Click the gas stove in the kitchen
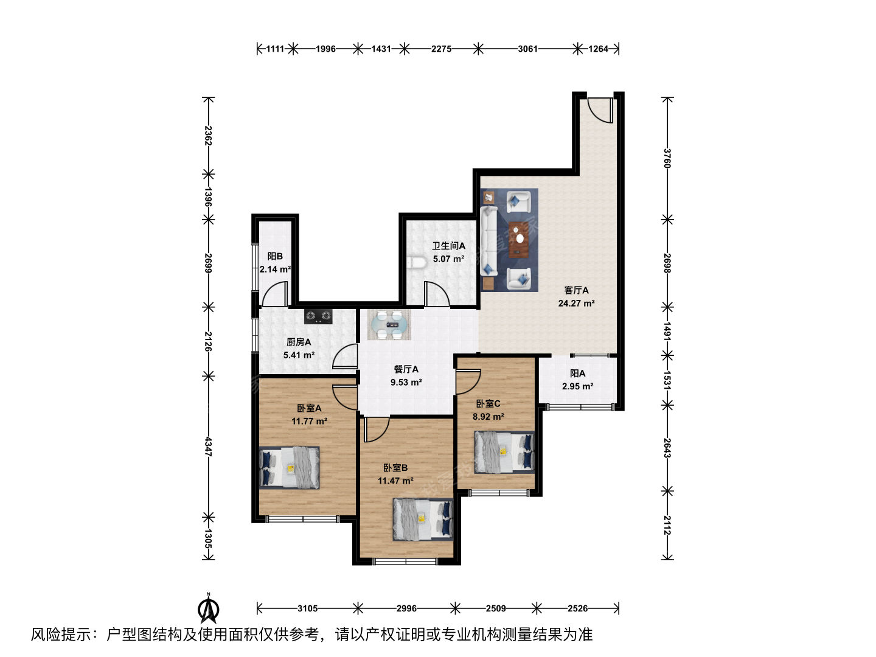pyautogui.click(x=318, y=316)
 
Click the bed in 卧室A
pyautogui.click(x=290, y=468)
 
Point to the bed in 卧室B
pyautogui.click(x=423, y=519)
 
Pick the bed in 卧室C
pyautogui.click(x=504, y=453)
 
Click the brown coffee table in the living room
pyautogui.click(x=519, y=240)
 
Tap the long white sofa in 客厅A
pyautogui.click(x=488, y=240)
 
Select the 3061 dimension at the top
pyautogui.click(x=527, y=49)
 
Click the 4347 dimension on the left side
pyautogui.click(x=208, y=447)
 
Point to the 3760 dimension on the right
pyautogui.click(x=667, y=158)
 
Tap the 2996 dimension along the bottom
pyautogui.click(x=406, y=608)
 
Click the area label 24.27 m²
pyautogui.click(x=576, y=303)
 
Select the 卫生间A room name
pyautogui.click(x=448, y=246)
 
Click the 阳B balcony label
pyautogui.click(x=275, y=257)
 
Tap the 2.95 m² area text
pyautogui.click(x=577, y=386)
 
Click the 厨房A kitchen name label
pyautogui.click(x=299, y=342)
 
